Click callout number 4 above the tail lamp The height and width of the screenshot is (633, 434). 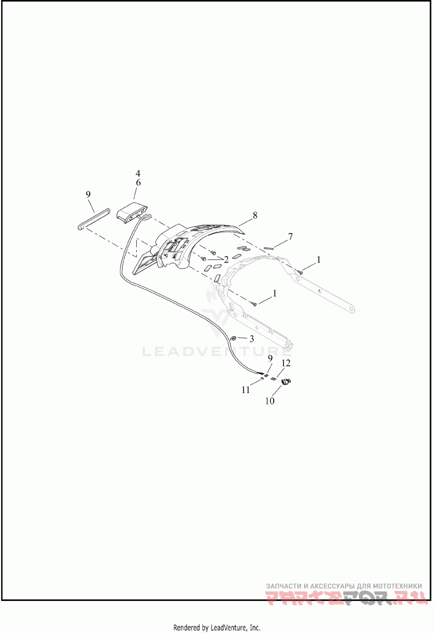click(138, 174)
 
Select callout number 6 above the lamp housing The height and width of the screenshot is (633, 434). click(138, 183)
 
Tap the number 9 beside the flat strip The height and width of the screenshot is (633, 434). click(88, 194)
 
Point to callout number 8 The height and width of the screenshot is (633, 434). click(254, 216)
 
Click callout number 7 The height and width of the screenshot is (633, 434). click(290, 237)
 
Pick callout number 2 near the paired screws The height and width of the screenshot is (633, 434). click(226, 259)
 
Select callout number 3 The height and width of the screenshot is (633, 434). click(251, 338)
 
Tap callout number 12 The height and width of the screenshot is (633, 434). click(286, 363)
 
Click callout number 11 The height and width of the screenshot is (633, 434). click(246, 389)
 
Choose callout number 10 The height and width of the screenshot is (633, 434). click(270, 401)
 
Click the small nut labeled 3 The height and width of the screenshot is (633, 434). click(232, 338)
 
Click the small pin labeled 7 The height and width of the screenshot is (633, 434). click(268, 248)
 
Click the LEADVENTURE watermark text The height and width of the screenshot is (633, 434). click(216, 352)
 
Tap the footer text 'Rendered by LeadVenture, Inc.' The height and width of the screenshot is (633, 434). click(216, 628)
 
